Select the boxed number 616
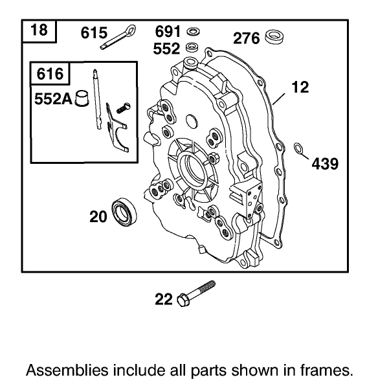point(50,74)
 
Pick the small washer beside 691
point(192,31)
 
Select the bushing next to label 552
point(192,47)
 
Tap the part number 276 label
point(247,38)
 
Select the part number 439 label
point(325,164)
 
